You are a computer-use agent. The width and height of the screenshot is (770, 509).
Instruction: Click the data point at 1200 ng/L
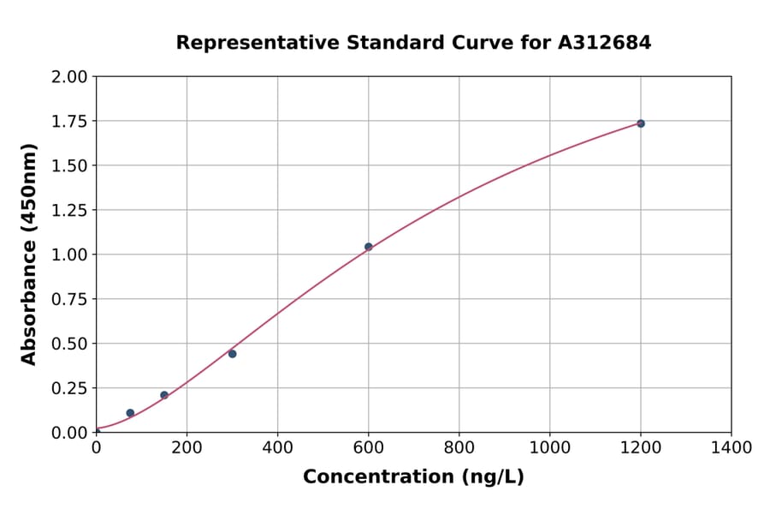640,123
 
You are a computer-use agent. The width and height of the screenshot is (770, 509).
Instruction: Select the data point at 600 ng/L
369,247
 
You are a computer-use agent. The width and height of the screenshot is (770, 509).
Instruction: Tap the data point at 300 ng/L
232,354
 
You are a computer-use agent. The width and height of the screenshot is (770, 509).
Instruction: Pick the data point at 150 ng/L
164,395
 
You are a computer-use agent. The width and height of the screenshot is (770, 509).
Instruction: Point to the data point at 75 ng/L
130,413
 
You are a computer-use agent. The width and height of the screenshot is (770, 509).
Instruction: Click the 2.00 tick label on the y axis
69,77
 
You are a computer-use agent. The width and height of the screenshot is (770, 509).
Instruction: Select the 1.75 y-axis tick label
69,121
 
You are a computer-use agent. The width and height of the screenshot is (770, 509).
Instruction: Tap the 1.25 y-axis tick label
69,210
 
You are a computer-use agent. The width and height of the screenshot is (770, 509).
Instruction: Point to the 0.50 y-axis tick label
69,344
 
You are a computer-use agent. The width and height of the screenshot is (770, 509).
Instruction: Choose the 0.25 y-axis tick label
69,388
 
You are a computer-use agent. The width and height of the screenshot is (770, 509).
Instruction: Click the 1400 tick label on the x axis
731,447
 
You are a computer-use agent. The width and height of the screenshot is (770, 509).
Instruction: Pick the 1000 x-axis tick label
549,447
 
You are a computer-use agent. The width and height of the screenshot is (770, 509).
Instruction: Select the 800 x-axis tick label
459,447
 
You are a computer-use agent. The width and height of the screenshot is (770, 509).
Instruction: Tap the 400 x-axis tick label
277,447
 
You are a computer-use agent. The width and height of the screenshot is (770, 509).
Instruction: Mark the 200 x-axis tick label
187,447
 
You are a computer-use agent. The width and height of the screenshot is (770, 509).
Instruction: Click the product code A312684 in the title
605,42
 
